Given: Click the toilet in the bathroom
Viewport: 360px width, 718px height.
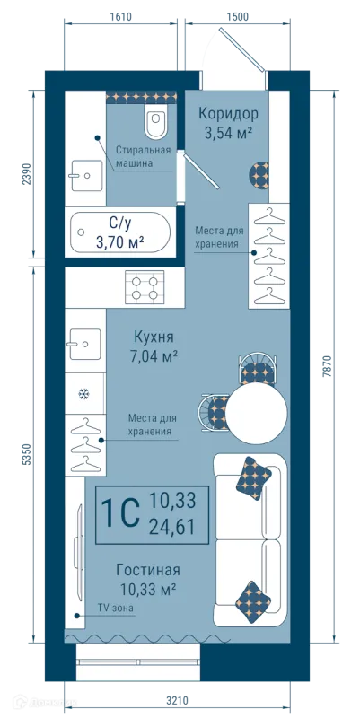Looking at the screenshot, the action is (155, 121).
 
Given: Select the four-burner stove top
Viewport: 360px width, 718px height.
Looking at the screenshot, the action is (145, 286).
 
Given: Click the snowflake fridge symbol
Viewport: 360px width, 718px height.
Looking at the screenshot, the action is (83, 393).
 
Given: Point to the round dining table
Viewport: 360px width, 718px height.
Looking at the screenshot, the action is (257, 413).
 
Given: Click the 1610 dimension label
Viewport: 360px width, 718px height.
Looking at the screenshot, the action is (121, 17).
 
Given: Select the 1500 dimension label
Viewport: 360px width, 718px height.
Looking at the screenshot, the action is (237, 17).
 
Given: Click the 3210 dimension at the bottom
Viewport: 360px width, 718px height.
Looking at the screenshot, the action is (177, 701).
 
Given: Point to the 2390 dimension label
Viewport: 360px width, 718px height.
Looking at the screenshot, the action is (26, 174).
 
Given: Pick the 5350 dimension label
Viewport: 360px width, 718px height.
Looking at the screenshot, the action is (26, 455).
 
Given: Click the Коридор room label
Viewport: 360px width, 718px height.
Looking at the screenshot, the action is (228, 113).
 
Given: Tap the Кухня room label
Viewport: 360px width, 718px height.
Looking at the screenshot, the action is (154, 337).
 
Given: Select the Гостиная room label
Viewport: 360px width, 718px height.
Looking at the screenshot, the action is (148, 570).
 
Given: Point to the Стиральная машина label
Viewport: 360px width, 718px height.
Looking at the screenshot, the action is (143, 156).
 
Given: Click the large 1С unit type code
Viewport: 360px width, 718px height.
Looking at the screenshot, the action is (120, 514).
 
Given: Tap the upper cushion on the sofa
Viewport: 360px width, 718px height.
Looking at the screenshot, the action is (254, 477).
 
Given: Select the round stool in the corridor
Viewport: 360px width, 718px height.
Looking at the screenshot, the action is (259, 174).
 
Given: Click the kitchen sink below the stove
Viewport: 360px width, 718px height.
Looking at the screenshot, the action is (84, 344).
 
